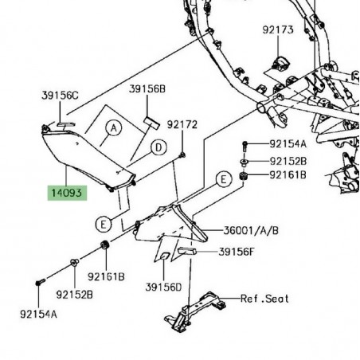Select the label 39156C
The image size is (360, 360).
(x=61, y=95)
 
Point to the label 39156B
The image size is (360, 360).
(x=147, y=91)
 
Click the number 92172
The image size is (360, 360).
(x=182, y=125)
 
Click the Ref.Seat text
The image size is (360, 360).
(x=264, y=299)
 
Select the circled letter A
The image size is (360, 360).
(x=114, y=127)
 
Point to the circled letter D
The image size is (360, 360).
(x=159, y=147)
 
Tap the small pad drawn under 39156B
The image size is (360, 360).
(x=149, y=118)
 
